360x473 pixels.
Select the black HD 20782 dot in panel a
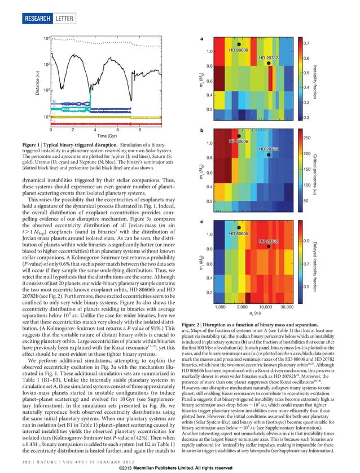269,63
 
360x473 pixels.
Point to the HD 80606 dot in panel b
239,136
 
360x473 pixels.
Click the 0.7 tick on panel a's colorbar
306,43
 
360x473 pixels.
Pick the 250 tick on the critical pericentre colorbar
308,138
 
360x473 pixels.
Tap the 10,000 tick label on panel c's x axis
265,307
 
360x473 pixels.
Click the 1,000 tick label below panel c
223,307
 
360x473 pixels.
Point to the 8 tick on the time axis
138,129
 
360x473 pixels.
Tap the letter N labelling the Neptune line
53,101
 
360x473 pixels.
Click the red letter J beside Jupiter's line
53,121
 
